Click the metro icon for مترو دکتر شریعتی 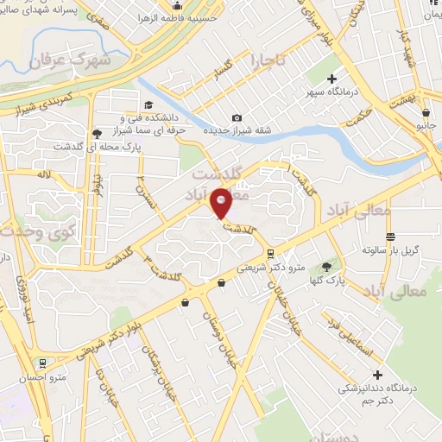coord(271,254)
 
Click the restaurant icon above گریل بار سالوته coord(391,237)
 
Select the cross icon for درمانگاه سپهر coord(332,79)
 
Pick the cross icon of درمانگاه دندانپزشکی coord(376,375)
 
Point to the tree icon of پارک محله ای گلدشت coord(96,134)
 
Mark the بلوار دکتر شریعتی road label coord(112,336)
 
